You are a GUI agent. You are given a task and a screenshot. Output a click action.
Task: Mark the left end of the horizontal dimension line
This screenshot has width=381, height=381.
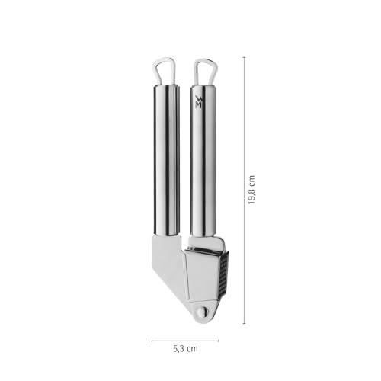click(152, 341)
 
